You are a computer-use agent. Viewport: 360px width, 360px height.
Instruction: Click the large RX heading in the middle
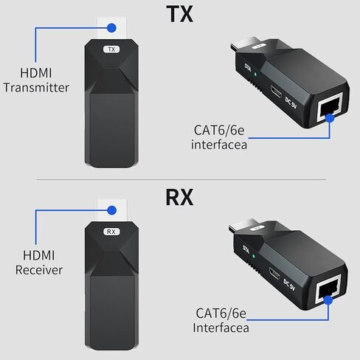(179, 198)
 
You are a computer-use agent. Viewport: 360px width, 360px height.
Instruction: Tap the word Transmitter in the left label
(36, 88)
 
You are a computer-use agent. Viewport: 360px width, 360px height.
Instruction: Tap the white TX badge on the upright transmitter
(111, 49)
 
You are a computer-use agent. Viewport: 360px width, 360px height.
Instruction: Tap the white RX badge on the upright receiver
(111, 231)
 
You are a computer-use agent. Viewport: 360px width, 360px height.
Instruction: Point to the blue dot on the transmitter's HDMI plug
(111, 29)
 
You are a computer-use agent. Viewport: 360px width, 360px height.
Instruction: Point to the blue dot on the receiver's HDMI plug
(111, 210)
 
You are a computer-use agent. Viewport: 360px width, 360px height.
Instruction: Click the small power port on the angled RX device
(274, 277)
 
